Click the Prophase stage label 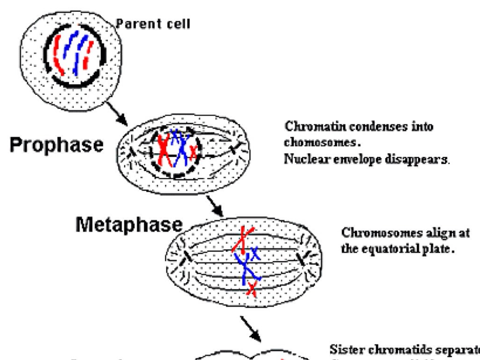[x=56, y=145]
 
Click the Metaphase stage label [x=128, y=225]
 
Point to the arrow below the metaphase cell [x=251, y=328]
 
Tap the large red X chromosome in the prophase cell [x=164, y=149]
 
